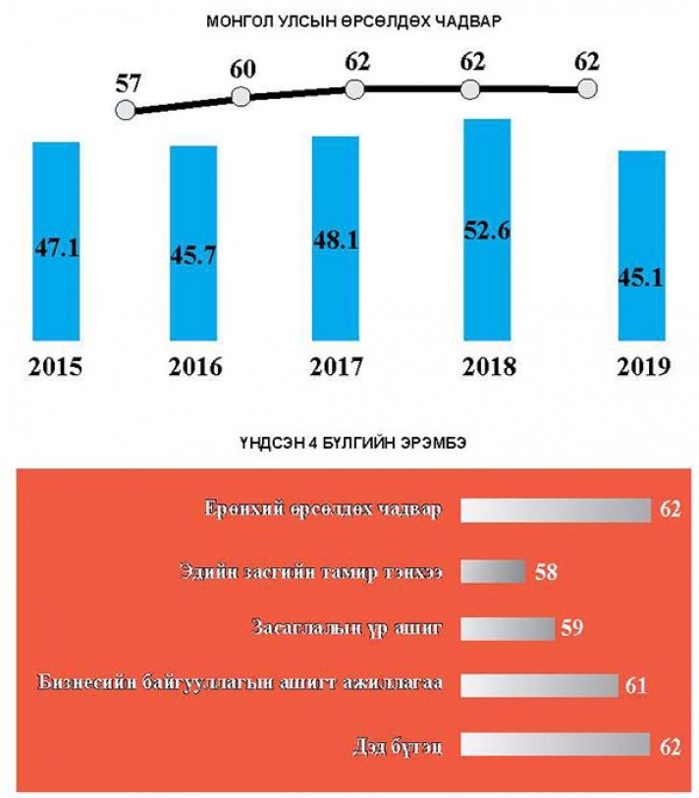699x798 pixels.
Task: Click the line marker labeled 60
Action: [x=241, y=97]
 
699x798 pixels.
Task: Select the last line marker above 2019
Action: [x=587, y=89]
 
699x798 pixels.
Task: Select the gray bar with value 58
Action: [x=493, y=570]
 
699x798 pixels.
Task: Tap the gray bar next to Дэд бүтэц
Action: [x=555, y=745]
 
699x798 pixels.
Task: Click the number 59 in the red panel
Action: [x=570, y=628]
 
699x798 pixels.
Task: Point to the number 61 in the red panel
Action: [x=634, y=686]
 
